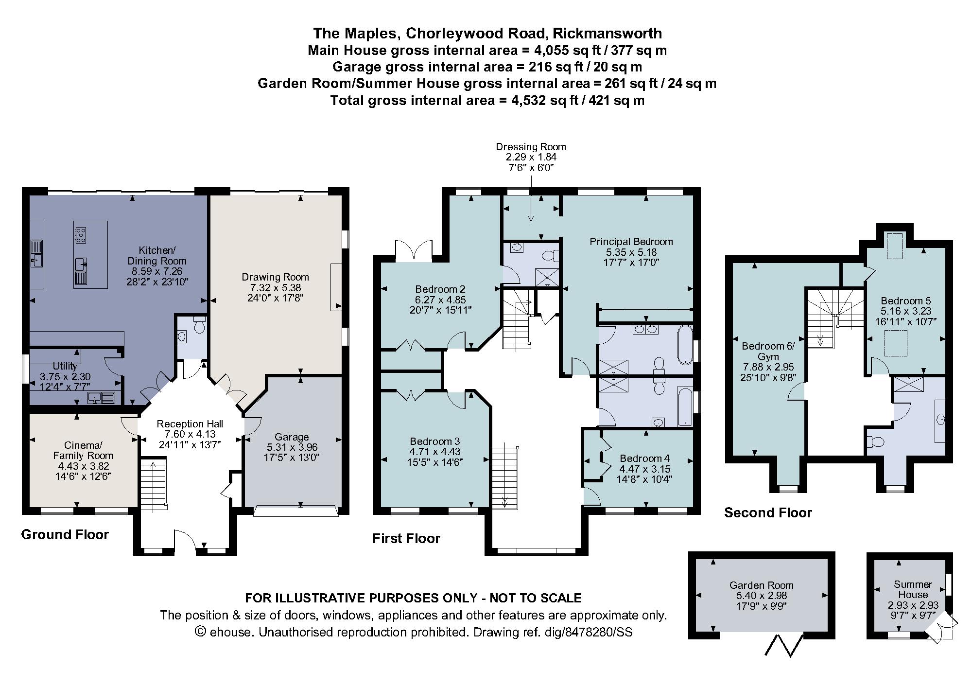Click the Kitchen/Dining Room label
point(157,256)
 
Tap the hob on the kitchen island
point(81,235)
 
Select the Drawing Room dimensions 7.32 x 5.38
point(275,287)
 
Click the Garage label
point(292,437)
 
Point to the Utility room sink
point(102,398)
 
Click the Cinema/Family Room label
point(83,451)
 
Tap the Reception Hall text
point(190,424)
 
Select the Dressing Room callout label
point(531,147)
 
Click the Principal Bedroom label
point(631,242)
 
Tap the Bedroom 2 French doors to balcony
point(413,250)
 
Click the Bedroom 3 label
point(434,441)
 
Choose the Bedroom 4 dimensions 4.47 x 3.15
point(644,469)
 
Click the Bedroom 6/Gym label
point(768,351)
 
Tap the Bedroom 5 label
point(905,301)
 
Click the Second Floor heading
point(768,512)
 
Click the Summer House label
point(913,589)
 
